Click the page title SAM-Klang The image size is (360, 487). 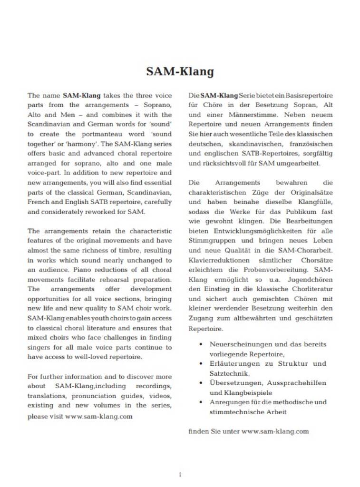point(180,72)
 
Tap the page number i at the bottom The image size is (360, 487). point(180,474)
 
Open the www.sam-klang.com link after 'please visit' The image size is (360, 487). point(98,416)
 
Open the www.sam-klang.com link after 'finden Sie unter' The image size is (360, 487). point(275,431)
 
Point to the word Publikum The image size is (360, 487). point(296,212)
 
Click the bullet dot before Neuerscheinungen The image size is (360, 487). point(202,344)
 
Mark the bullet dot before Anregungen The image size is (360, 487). point(202,402)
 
